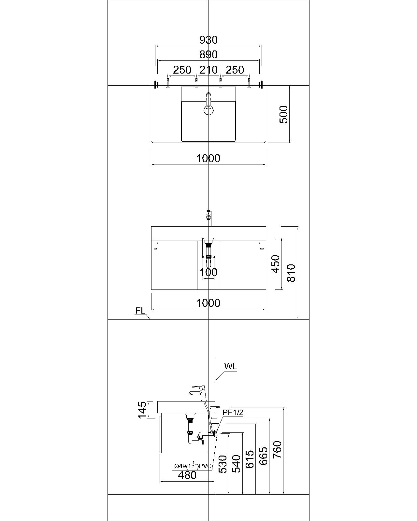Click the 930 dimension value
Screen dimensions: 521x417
tap(208, 40)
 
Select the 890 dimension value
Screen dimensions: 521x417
tap(208, 54)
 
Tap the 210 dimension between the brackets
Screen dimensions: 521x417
tap(208, 70)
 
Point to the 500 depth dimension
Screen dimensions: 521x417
tap(284, 114)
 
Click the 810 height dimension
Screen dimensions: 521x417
tap(291, 273)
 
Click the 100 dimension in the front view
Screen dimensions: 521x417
tap(208, 272)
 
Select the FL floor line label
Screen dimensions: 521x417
tap(140, 311)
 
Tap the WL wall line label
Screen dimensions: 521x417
tap(231, 366)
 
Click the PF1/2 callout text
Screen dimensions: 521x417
tap(233, 413)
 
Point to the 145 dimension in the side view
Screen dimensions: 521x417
tap(142, 410)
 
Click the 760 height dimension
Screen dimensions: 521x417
tap(277, 450)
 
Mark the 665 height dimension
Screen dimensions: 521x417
tap(263, 456)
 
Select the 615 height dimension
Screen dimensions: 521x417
tap(250, 459)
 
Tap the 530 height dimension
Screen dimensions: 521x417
tap(222, 464)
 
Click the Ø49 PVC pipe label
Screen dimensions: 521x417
tap(193, 466)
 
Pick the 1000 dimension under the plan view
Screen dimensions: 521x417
tap(208, 159)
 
